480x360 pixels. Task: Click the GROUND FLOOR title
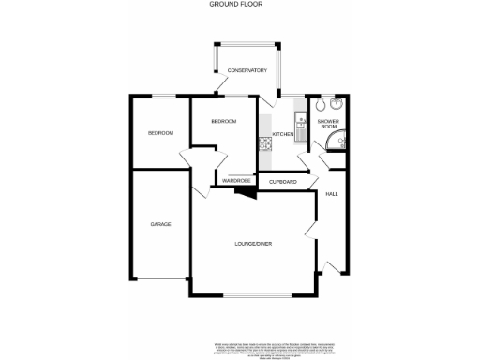click(240, 5)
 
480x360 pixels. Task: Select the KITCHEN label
click(283, 135)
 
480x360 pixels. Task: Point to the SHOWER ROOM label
click(328, 125)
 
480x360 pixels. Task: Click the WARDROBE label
click(235, 181)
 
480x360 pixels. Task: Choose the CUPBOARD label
click(283, 181)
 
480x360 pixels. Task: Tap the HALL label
click(331, 194)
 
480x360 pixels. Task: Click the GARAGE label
click(160, 224)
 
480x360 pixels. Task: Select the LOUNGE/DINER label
click(253, 244)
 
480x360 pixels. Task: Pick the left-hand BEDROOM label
click(160, 133)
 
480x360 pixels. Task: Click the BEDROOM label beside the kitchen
click(223, 122)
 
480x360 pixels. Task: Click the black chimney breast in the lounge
click(245, 191)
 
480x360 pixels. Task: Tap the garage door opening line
click(160, 278)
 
